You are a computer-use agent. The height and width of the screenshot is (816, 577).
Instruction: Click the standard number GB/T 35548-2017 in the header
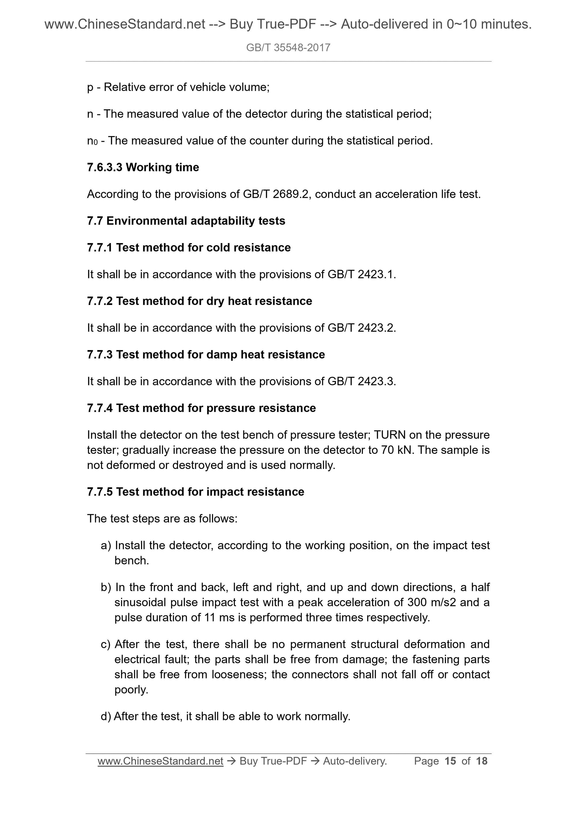click(x=288, y=48)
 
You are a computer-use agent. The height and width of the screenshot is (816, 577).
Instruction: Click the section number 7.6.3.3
click(x=105, y=167)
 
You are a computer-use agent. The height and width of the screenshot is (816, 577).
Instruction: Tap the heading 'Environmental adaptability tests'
click(x=195, y=221)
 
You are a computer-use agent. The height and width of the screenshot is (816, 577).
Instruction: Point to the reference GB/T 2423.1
click(x=361, y=275)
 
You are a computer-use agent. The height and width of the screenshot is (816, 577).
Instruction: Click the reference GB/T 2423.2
click(x=361, y=328)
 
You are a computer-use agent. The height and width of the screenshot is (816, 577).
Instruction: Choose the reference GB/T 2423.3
click(x=361, y=382)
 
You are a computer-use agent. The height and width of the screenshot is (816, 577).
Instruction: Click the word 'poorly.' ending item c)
click(x=131, y=690)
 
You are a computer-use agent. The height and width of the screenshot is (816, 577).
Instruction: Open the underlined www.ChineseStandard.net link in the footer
click(x=160, y=761)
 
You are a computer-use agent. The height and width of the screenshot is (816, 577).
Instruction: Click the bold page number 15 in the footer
click(x=450, y=761)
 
